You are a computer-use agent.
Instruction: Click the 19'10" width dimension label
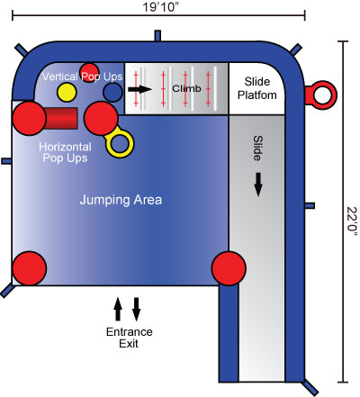point(158,7)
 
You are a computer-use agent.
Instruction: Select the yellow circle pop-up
point(67,92)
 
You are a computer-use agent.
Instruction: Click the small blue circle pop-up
point(112,92)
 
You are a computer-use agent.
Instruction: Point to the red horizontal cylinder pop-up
point(60,119)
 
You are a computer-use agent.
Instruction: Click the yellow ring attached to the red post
point(120,143)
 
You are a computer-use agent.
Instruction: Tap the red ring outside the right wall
point(321,95)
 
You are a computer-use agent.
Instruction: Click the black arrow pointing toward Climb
point(139,89)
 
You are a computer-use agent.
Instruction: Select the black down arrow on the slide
point(258,185)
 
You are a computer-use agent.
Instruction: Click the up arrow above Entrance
point(118,309)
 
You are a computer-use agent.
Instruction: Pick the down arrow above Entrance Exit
point(137,309)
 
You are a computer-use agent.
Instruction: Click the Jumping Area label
point(121,200)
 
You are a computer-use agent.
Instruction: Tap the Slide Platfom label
point(257,88)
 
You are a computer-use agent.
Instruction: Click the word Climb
point(186,88)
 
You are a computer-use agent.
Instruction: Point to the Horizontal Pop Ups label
point(65,152)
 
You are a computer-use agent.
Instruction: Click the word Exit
point(129,343)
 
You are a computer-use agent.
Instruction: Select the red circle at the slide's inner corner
point(229,268)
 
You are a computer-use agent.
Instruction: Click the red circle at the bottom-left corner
point(30,268)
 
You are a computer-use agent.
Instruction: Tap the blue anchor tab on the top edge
point(157,35)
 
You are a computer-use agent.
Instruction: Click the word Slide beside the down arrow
point(257,149)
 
